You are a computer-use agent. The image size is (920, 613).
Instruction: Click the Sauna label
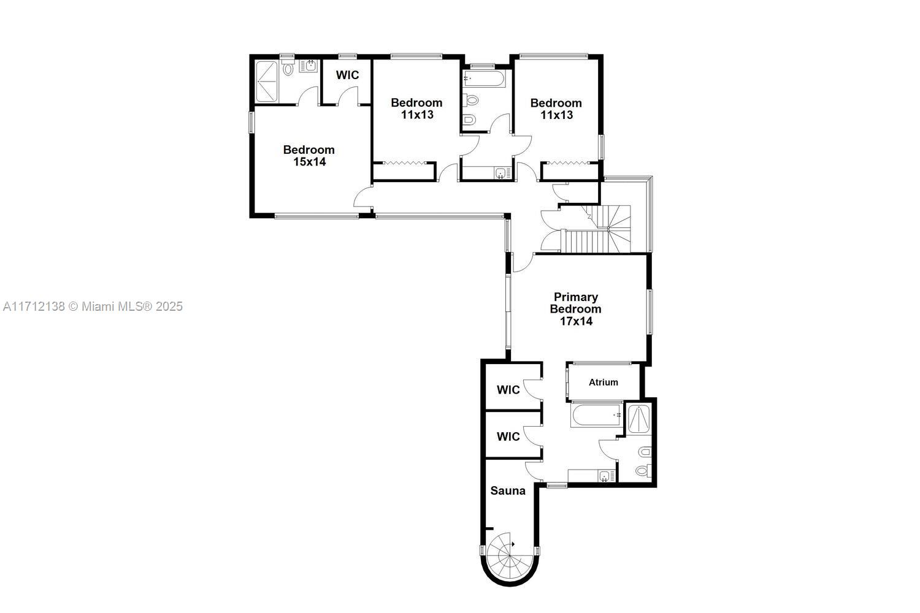point(508,490)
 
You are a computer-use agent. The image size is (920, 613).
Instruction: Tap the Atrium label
point(603,382)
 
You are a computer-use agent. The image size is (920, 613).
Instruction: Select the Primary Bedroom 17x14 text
point(575,309)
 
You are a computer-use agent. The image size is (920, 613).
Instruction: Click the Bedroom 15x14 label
point(309,155)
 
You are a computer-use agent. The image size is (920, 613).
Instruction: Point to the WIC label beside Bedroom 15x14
point(347,75)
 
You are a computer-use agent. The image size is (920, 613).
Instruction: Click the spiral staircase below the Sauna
point(509,557)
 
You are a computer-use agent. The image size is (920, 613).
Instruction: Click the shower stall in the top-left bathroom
point(266,81)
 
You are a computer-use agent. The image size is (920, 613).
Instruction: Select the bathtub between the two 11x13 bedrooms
point(484,78)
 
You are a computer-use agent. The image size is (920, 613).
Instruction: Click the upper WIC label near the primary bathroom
point(508,390)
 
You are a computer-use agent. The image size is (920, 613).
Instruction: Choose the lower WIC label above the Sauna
point(508,436)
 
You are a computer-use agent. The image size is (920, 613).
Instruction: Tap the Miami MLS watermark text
point(93,306)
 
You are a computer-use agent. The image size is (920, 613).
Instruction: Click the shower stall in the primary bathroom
point(639,420)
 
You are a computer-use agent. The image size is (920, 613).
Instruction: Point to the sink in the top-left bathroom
point(309,66)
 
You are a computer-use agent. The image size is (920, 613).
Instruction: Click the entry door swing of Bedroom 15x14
point(362,198)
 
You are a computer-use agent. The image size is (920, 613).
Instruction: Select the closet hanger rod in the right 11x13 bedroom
point(569,163)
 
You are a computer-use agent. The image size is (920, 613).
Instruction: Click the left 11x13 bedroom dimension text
point(417,115)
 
